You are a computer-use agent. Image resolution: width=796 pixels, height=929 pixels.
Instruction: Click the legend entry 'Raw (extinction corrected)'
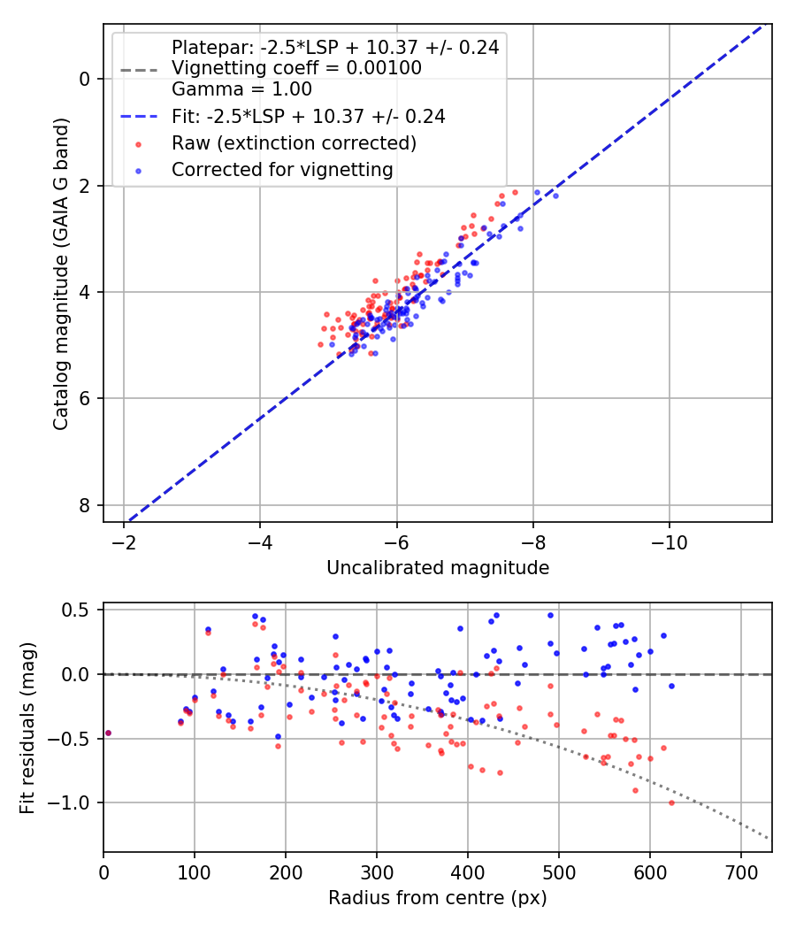(293, 142)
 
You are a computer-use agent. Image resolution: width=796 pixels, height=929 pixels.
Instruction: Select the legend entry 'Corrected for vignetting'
(282, 169)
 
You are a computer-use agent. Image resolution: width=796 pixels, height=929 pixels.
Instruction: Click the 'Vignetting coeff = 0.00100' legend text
(296, 68)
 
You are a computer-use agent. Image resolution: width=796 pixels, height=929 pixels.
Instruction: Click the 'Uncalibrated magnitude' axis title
(438, 568)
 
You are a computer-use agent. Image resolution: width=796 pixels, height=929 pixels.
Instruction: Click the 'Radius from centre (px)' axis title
(438, 898)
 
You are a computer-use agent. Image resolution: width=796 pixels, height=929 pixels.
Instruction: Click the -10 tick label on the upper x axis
(669, 541)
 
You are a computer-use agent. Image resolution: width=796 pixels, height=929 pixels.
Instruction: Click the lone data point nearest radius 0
(108, 733)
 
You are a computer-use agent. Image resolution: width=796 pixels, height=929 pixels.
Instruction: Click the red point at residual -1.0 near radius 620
(671, 802)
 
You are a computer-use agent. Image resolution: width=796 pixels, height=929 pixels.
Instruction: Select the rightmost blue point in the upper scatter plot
(555, 196)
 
